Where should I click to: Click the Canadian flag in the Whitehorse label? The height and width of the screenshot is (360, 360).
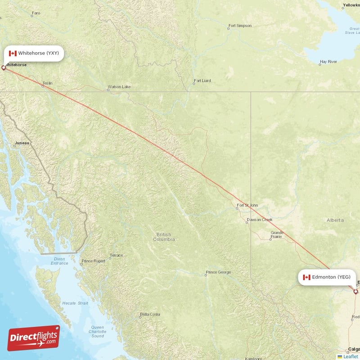point(13,53)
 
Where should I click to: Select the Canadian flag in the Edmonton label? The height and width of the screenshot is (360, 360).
point(306,277)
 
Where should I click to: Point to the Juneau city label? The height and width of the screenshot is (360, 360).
point(22,143)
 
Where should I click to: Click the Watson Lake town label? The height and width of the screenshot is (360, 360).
point(119,86)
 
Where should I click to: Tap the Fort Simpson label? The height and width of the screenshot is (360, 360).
point(240,26)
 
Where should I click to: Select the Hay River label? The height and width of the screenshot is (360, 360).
point(328,61)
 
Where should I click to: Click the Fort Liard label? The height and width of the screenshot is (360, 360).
point(202,81)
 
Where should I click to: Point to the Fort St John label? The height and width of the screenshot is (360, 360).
point(247,205)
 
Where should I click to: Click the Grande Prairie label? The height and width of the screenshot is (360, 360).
point(277,234)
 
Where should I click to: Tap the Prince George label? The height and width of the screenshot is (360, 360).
point(218,272)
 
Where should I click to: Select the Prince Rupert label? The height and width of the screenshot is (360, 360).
point(93,261)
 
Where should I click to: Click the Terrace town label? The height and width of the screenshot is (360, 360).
point(116,255)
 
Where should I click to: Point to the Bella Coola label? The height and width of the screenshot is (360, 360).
point(150,314)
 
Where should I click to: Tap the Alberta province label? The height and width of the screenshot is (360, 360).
point(335,220)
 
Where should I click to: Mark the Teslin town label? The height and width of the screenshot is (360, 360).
point(47,83)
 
